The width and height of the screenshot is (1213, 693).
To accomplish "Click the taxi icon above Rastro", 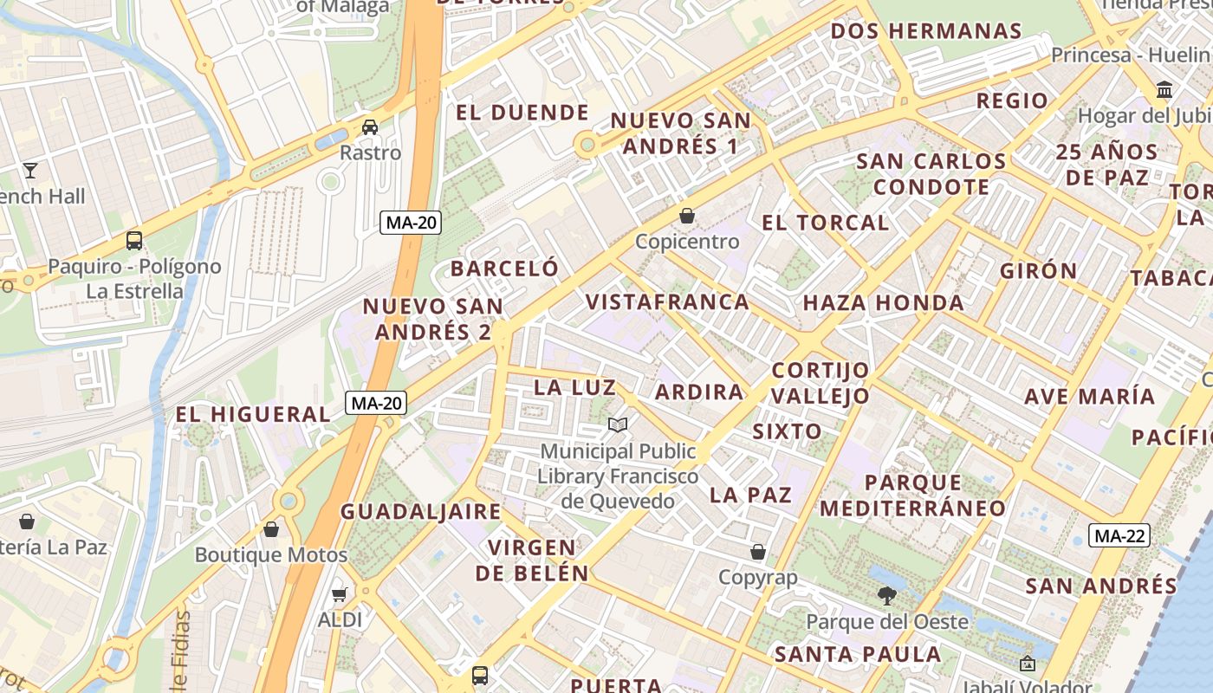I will coord(370,127).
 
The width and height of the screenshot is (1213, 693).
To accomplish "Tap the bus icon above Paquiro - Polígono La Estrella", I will coord(134,240).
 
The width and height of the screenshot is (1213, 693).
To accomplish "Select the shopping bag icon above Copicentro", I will coord(687,216).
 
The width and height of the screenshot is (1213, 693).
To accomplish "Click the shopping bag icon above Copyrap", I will coord(758,552).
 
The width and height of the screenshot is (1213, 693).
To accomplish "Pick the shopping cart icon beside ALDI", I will coord(340,594).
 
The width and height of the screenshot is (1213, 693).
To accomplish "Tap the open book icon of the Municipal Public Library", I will coord(618,424).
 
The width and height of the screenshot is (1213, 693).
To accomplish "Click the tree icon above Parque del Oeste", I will coord(886,596).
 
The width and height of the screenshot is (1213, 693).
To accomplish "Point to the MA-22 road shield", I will coord(1119,535).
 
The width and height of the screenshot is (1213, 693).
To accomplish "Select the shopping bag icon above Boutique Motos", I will coord(271,528).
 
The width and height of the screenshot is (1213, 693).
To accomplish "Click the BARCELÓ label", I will coord(504,269).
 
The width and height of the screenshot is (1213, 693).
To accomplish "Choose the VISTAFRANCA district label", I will coord(667,302).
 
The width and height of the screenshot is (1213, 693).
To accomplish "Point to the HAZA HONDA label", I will coord(883,303).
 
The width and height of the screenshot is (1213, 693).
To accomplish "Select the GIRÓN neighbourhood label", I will coord(1038,270).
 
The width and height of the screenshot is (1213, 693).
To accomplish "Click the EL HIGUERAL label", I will coord(253,414).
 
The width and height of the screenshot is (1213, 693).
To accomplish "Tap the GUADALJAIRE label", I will coord(420,511).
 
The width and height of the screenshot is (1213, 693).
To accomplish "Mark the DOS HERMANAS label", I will coord(926,31).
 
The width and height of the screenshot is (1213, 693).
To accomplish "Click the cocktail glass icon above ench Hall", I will coord(30,170).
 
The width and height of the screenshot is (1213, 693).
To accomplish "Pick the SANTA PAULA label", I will coord(857,654).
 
